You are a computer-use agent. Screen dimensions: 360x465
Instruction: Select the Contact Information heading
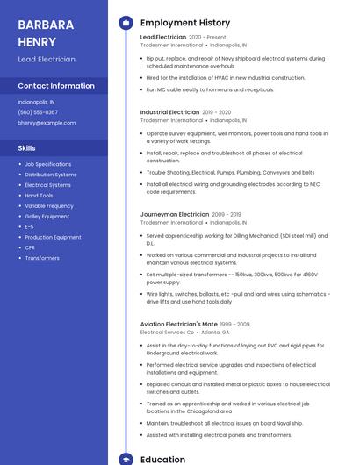pyautogui.click(x=56, y=86)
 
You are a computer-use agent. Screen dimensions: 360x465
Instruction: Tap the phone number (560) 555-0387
pyautogui.click(x=38, y=112)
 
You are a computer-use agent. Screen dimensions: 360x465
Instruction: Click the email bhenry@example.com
pyautogui.click(x=47, y=123)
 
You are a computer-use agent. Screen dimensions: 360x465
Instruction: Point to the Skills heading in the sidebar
pyautogui.click(x=26, y=148)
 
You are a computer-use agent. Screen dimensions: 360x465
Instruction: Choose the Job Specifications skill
pyautogui.click(x=48, y=164)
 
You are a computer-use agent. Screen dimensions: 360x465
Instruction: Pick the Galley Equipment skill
pyautogui.click(x=47, y=217)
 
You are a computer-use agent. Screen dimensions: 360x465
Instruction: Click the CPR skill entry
pyautogui.click(x=30, y=247)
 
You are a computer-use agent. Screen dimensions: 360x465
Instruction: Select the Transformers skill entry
pyautogui.click(x=42, y=258)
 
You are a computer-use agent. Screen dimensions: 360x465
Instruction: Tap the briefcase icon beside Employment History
pyautogui.click(x=126, y=23)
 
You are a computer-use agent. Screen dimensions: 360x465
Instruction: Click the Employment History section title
pyautogui.click(x=185, y=23)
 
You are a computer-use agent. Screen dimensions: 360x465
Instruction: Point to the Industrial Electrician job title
pyautogui.click(x=169, y=112)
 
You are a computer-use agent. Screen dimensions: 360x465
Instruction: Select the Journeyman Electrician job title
pyautogui.click(x=174, y=214)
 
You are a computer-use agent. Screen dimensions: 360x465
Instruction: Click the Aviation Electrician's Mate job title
pyautogui.click(x=178, y=325)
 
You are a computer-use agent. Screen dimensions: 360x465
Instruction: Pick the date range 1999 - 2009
pyautogui.click(x=235, y=325)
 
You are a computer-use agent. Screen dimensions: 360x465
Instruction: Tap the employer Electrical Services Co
pyautogui.click(x=167, y=333)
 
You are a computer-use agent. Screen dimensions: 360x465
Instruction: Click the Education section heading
pyautogui.click(x=162, y=459)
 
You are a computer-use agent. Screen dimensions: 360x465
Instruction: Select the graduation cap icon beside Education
pyautogui.click(x=126, y=459)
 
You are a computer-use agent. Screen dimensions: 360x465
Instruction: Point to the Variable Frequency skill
pyautogui.click(x=49, y=206)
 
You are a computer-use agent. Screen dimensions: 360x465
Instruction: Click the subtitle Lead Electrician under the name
pyautogui.click(x=47, y=60)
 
